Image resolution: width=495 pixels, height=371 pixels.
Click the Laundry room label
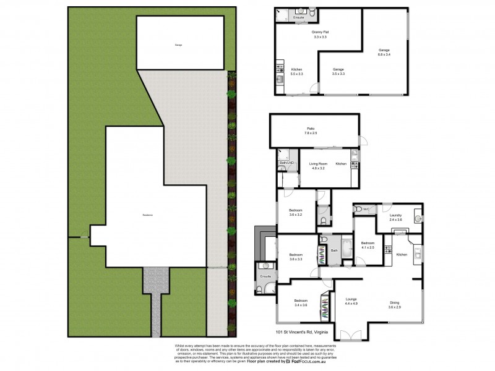pos(395,217)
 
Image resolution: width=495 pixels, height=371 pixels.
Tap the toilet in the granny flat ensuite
pos(312,13)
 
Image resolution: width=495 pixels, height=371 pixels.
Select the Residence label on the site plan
pos(148,215)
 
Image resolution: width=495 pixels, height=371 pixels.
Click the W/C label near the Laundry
pos(366,210)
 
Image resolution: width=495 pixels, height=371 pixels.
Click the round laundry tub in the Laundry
pos(417,218)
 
